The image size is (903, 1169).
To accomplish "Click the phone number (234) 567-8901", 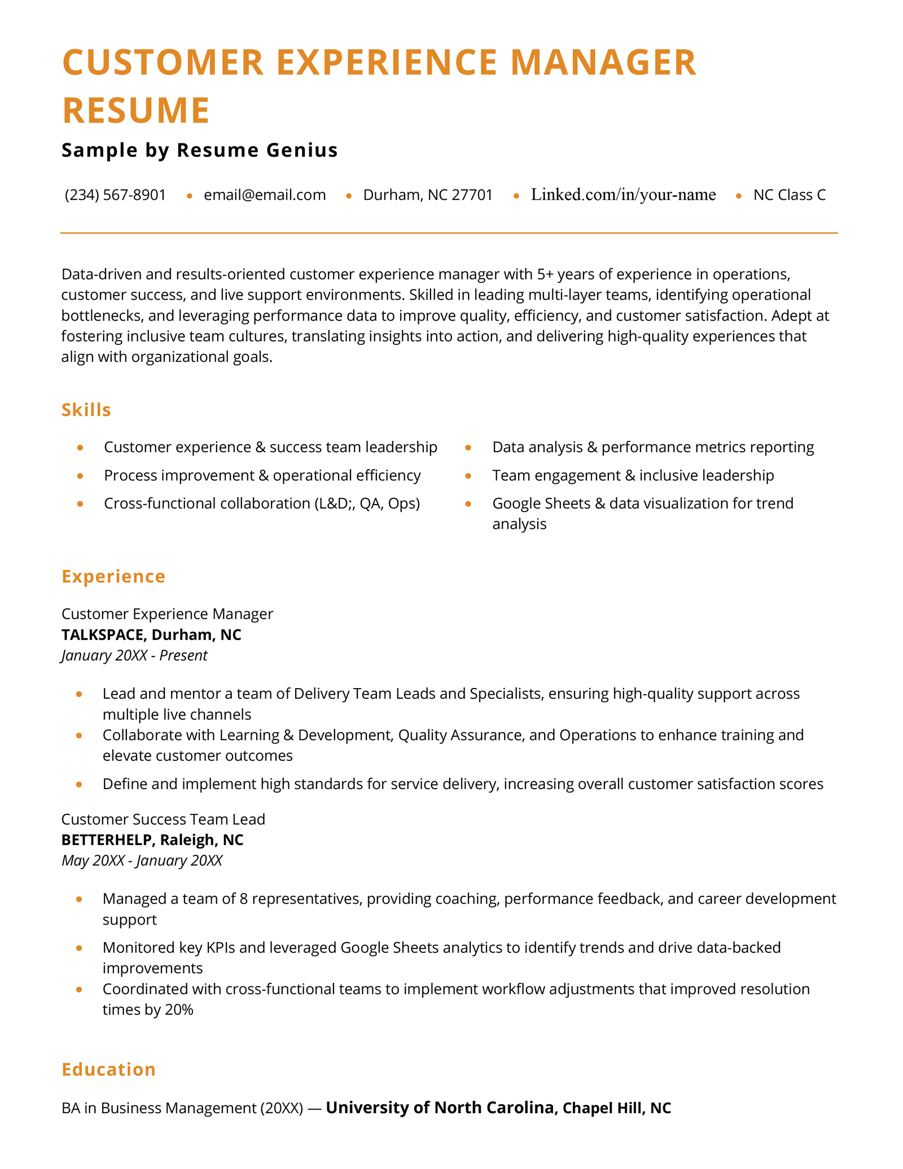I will coord(115,195).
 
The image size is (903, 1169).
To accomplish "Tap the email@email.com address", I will coord(265,195).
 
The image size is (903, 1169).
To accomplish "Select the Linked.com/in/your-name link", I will coord(623,195).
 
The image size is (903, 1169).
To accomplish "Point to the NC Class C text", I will coord(789,195).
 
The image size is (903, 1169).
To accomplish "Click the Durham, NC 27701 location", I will coord(428,195).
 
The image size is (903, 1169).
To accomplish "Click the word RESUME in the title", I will coord(136,110).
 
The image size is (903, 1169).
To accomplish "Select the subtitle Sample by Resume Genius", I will coord(199,150).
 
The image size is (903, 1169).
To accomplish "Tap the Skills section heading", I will coord(86,410).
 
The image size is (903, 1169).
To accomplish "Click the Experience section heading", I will coord(113,576).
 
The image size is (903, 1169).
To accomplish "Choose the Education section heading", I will coord(108,1070).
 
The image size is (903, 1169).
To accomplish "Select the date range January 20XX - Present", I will coord(134,655).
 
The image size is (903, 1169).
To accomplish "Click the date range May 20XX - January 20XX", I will coord(142,860).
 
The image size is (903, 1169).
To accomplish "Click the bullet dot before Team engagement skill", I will coord(468,476).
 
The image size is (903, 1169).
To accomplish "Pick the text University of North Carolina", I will coord(440,1108).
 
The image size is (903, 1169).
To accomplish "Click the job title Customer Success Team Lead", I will coord(163,819).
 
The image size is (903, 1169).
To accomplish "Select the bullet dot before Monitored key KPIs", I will coord(79,948).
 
